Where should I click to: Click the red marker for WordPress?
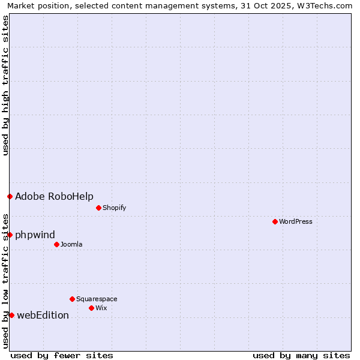pos(275,221)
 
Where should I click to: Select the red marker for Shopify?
pos(98,208)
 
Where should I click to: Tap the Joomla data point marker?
pos(56,244)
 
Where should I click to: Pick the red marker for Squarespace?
pos(72,299)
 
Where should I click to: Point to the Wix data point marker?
pos(91,308)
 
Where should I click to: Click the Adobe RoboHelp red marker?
pos(10,196)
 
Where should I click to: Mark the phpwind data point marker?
pos(10,235)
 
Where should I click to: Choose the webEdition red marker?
pos(11,315)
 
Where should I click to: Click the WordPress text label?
pos(296,221)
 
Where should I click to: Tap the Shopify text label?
pos(114,208)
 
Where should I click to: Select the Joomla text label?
pos(71,244)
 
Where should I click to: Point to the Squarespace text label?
pos(97,299)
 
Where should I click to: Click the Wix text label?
pos(101,308)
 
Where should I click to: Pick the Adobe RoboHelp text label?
pos(54,196)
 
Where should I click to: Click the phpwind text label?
pos(35,235)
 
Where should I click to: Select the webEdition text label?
pos(43,315)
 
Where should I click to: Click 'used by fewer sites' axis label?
pos(62,355)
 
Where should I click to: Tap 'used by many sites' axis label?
pos(301,355)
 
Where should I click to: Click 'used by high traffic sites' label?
pos(5,86)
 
